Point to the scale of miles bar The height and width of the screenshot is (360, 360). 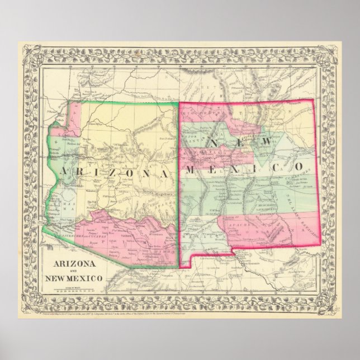tap(75, 291)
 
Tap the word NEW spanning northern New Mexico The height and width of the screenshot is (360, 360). tap(240, 143)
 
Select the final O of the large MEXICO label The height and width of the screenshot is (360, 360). tap(300, 166)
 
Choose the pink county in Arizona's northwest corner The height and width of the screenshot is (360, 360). tap(74, 115)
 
